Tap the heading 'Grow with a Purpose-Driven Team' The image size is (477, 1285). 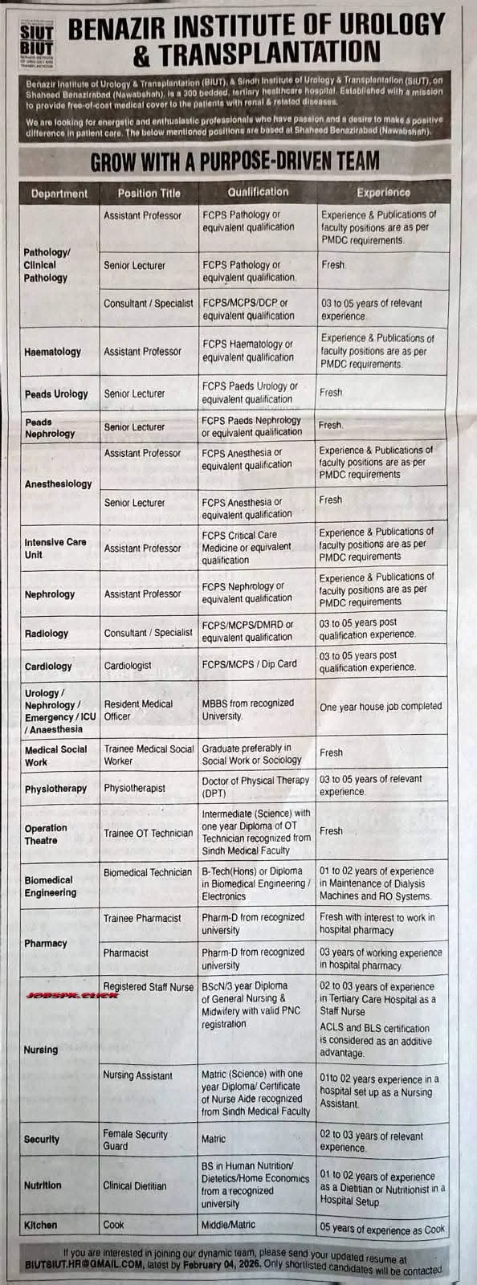pos(234,161)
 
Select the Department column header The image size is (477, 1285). pos(59,194)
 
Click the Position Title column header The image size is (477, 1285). pos(149,193)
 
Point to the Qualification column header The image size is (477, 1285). pos(258,192)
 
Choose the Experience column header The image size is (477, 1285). pos(383,193)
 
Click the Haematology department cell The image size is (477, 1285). pos(53,352)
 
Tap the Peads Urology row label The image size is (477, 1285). pos(56,394)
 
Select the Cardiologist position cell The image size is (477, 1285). pos(128,666)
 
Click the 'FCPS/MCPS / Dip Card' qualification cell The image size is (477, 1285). pos(249,664)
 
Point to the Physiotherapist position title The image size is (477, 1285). pos(135,789)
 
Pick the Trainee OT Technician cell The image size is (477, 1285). pos(149,834)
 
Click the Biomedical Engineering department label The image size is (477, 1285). pos(51,887)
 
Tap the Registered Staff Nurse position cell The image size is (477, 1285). pos(149,987)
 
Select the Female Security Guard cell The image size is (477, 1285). pos(135,1140)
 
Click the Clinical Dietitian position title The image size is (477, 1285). pos(135,1185)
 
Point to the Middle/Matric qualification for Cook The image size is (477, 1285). pos(228,1225)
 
